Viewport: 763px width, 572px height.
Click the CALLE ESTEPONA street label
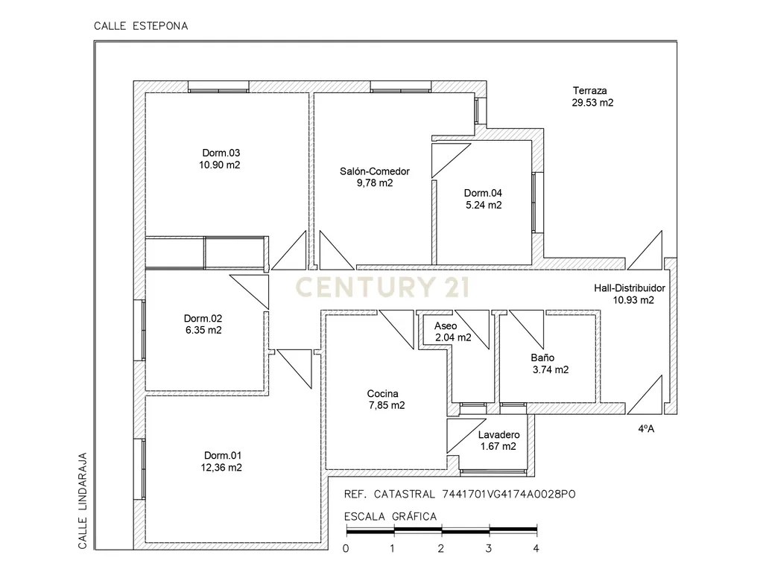(141, 26)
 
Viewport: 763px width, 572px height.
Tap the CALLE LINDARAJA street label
(83, 501)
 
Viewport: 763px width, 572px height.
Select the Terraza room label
(590, 90)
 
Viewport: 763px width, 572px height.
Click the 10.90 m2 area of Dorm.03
(220, 165)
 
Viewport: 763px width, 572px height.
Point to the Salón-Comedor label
(375, 171)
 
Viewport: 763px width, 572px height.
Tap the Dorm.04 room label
(483, 193)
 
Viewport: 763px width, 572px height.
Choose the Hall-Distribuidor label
(629, 288)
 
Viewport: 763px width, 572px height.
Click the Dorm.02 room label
(203, 319)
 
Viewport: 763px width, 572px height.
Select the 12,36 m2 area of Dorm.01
(221, 468)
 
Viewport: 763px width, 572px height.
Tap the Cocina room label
(382, 393)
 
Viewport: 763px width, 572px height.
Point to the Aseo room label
(446, 326)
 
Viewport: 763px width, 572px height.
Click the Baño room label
(542, 357)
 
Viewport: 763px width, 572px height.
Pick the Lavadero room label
(498, 435)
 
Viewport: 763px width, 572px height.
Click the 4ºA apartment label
(646, 429)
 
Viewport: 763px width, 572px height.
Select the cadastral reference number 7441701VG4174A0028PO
(509, 495)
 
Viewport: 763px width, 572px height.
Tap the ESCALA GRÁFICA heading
(390, 517)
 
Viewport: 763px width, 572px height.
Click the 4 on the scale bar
(536, 549)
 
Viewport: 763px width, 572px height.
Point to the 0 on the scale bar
(346, 549)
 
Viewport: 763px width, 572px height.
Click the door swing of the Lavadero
(466, 436)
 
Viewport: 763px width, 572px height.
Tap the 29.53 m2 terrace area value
(592, 103)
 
